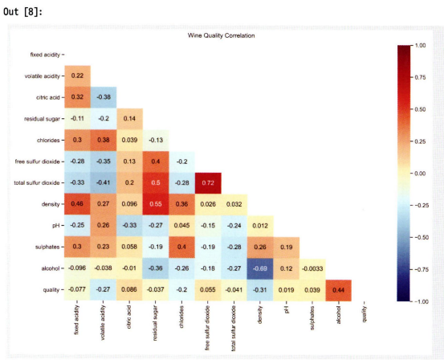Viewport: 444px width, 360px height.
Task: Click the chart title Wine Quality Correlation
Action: pyautogui.click(x=221, y=35)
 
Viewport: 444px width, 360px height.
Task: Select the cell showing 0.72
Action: pyautogui.click(x=208, y=183)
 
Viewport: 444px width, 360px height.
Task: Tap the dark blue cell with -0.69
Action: pyautogui.click(x=260, y=268)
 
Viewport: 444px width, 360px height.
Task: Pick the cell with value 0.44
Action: pyautogui.click(x=339, y=290)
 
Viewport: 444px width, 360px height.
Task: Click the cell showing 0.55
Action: pyautogui.click(x=156, y=204)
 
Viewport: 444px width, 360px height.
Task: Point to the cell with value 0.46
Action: pyautogui.click(x=77, y=204)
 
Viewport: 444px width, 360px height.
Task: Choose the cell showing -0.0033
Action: pyautogui.click(x=312, y=268)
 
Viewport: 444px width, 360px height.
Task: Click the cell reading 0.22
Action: pyautogui.click(x=77, y=76)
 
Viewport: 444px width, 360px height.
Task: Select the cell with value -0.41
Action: pyautogui.click(x=104, y=183)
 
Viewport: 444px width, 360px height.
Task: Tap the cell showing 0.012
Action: pyautogui.click(x=260, y=226)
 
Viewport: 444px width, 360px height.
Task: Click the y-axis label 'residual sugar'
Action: pyautogui.click(x=42, y=119)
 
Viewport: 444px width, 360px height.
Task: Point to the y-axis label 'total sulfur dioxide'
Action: pyautogui.click(x=37, y=183)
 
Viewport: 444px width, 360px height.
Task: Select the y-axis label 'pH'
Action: pyautogui.click(x=56, y=226)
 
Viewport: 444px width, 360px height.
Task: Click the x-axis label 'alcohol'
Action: pyautogui.click(x=338, y=314)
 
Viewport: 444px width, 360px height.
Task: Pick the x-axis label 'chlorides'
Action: pyautogui.click(x=181, y=317)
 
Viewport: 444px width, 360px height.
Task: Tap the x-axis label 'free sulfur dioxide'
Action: pyautogui.click(x=208, y=328)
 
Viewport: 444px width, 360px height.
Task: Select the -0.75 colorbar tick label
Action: pyautogui.click(x=420, y=269)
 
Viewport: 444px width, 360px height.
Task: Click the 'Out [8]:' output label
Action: pyautogui.click(x=22, y=12)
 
